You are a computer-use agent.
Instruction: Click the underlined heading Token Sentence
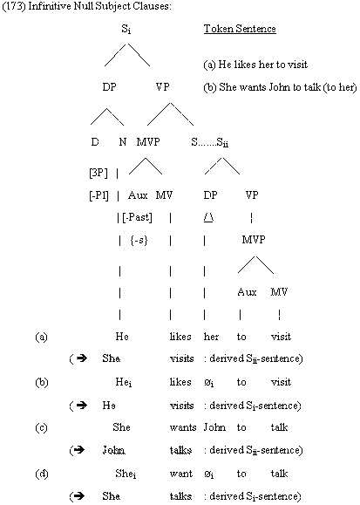pyautogui.click(x=240, y=29)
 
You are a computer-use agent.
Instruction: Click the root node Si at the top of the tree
pyautogui.click(x=126, y=30)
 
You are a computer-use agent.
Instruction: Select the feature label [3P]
pyautogui.click(x=98, y=174)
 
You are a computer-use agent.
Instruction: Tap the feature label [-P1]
pyautogui.click(x=98, y=195)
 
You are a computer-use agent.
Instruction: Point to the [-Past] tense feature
pyautogui.click(x=137, y=217)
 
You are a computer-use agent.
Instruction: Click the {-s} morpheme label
pyautogui.click(x=139, y=240)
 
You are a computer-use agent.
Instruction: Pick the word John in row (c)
pyautogui.click(x=214, y=427)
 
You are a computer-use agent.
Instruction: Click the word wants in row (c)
pyautogui.click(x=183, y=427)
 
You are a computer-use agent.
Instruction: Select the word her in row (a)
pyautogui.click(x=211, y=337)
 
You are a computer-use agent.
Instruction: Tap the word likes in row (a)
pyautogui.click(x=180, y=337)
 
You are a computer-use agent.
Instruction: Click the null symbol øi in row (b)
pyautogui.click(x=209, y=383)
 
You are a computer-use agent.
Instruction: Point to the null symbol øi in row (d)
pyautogui.click(x=209, y=474)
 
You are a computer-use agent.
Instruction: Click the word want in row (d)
pyautogui.click(x=181, y=474)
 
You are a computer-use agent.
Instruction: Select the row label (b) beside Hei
pyautogui.click(x=41, y=382)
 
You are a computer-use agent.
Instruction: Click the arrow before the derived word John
pyautogui.click(x=80, y=449)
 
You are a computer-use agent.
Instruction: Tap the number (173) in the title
pyautogui.click(x=14, y=6)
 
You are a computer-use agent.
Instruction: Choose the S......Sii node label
pyautogui.click(x=209, y=142)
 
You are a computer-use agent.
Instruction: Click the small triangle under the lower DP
pyautogui.click(x=208, y=218)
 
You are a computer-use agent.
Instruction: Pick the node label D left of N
pyautogui.click(x=95, y=141)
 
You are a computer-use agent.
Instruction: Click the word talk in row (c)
pyautogui.click(x=279, y=427)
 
